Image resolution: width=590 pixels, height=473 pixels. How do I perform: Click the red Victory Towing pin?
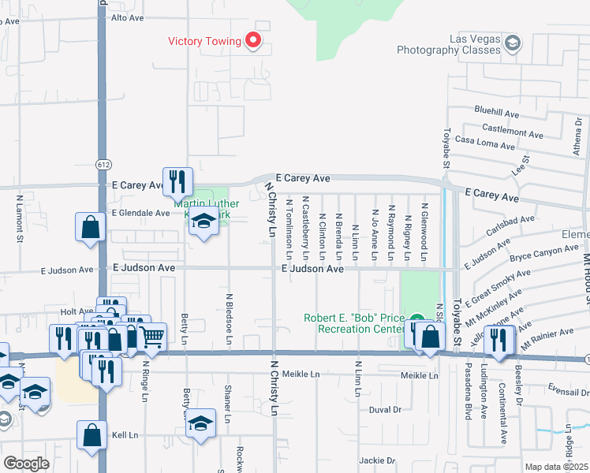[253, 39]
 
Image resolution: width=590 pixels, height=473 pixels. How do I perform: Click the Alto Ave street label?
[130, 17]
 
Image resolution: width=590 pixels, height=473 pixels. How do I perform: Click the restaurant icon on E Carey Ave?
[177, 182]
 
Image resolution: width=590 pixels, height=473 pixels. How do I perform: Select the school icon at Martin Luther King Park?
[204, 223]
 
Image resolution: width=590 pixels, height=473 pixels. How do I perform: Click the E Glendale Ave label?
[140, 213]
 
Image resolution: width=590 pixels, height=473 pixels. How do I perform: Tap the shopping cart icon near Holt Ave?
[151, 337]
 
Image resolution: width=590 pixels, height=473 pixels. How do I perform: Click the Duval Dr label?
[386, 410]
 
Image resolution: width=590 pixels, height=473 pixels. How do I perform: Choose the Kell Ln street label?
[125, 435]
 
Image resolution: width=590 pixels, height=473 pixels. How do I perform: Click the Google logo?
[27, 464]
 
